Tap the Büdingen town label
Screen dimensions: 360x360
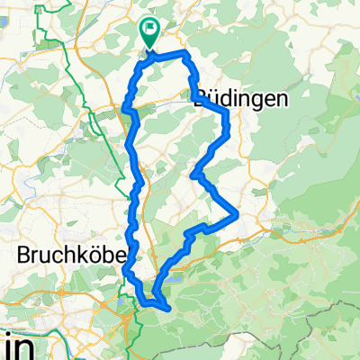[x=241, y=102]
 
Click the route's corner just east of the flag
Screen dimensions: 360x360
[x=186, y=55]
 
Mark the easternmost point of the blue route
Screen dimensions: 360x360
[x=237, y=214]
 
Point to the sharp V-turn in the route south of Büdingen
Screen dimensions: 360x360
[x=194, y=175]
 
